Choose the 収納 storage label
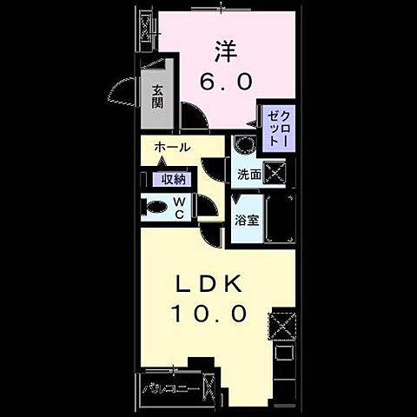point(172,179)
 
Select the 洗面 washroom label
point(249,174)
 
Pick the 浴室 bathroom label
point(247,221)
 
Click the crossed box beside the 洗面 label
point(277,173)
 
